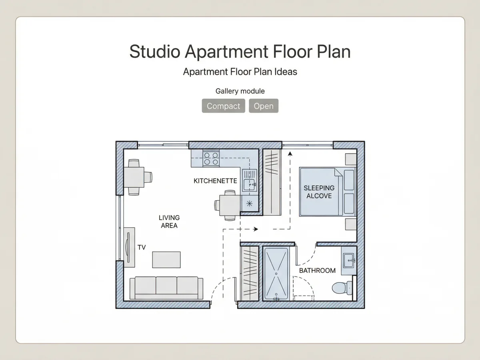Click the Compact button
223,106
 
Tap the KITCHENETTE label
215,181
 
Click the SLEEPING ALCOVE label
319,192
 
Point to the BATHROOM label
317,271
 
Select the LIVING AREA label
169,222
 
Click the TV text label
142,248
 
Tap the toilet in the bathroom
342,288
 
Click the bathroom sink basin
349,260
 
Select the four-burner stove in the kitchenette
211,158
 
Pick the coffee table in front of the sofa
166,260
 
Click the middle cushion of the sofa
166,286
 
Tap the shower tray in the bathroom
276,274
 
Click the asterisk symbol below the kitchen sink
249,204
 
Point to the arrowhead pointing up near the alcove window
290,154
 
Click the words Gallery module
240,91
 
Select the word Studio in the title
155,52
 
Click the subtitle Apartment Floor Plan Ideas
240,72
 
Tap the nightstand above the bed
351,159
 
